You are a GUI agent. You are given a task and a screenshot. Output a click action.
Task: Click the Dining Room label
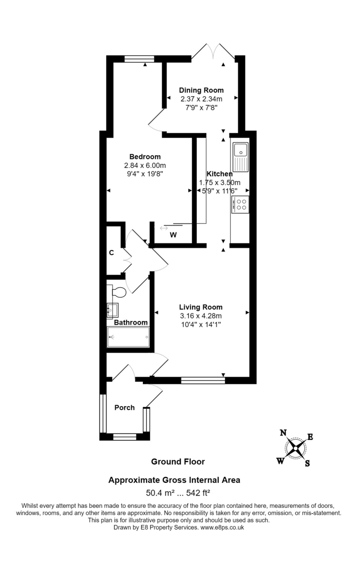(201, 90)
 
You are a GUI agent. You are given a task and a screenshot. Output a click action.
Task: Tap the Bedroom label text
(145, 157)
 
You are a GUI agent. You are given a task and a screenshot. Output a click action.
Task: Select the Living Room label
(201, 307)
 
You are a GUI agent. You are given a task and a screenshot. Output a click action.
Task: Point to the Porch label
(124, 408)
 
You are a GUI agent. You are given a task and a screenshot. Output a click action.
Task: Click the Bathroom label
(131, 322)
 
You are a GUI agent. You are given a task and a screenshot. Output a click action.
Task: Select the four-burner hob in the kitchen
(240, 204)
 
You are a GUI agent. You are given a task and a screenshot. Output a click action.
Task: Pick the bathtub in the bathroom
(129, 337)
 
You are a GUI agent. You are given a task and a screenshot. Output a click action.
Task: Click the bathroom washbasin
(114, 310)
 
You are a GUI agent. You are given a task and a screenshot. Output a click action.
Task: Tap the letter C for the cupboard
(112, 253)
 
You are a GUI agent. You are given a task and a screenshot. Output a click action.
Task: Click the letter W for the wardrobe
(173, 235)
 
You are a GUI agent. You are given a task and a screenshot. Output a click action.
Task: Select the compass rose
(296, 448)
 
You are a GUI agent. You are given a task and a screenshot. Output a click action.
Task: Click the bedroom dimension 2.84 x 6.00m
(145, 165)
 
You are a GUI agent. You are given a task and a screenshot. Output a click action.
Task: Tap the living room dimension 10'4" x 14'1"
(201, 324)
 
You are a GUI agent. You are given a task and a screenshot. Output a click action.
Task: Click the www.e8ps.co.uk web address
(222, 527)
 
